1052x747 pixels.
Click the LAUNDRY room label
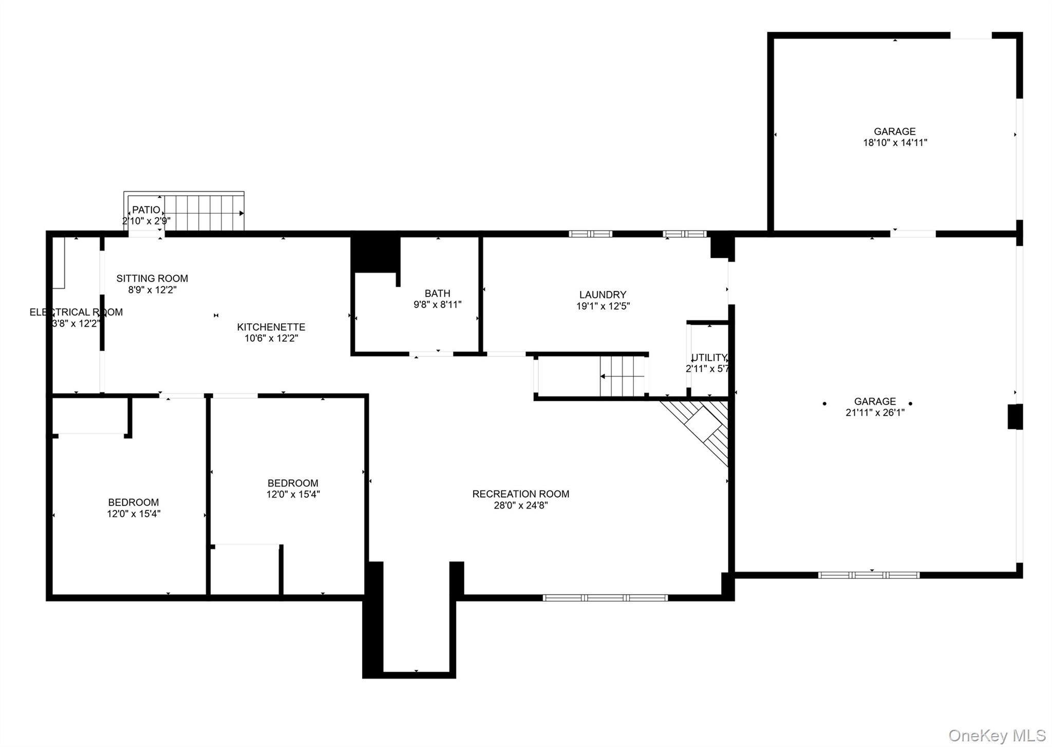point(603,294)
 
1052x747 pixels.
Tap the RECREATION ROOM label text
point(520,494)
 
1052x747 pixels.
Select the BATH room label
point(437,293)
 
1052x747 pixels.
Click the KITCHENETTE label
point(271,327)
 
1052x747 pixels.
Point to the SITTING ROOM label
point(152,278)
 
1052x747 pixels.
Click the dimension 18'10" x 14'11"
point(895,143)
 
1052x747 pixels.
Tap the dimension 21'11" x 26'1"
point(875,413)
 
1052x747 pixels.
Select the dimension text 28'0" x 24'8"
point(520,505)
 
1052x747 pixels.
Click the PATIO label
point(146,210)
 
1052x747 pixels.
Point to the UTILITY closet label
point(709,358)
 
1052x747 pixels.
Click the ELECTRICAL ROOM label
point(76,312)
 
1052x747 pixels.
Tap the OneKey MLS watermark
point(997,736)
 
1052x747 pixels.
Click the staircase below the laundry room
point(622,377)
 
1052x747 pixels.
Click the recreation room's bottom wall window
point(605,597)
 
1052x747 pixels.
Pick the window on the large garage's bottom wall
point(869,575)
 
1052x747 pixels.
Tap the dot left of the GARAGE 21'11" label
point(824,404)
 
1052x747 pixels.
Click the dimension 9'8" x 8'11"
point(437,305)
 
